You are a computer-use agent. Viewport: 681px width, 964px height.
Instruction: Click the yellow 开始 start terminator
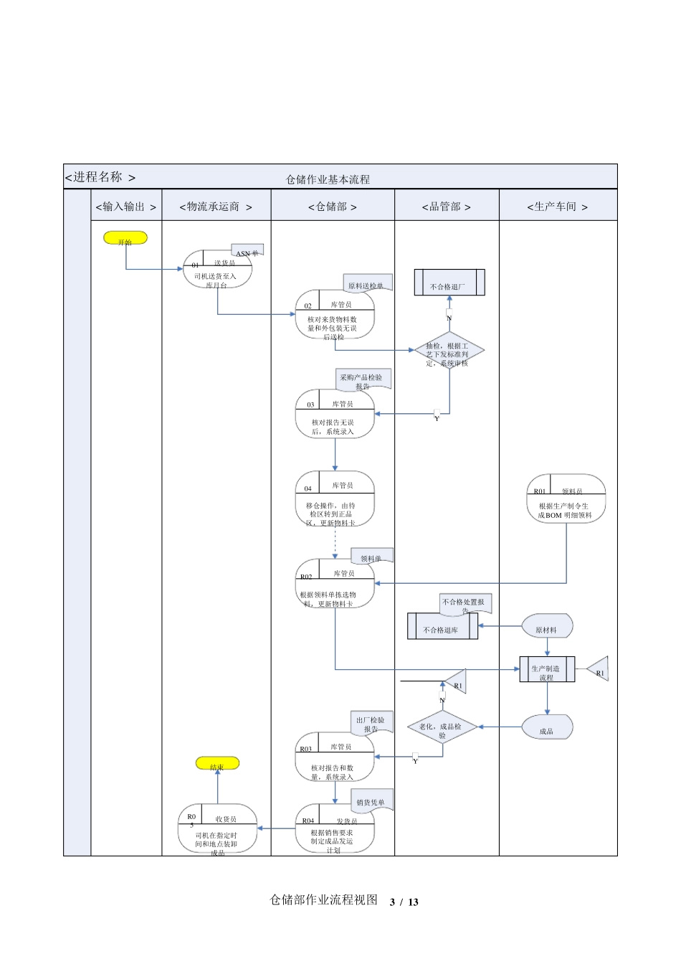click(x=125, y=238)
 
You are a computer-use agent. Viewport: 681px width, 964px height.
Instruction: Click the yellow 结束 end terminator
click(x=217, y=764)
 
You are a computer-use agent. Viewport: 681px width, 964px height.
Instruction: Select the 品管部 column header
click(x=446, y=207)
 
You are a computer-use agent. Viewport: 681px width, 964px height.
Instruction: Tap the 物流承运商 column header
click(x=216, y=207)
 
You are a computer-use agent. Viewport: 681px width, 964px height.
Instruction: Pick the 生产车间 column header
click(x=557, y=207)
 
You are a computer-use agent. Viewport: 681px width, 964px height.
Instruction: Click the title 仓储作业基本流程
click(x=328, y=179)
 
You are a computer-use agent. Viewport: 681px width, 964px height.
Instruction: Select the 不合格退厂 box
click(x=449, y=283)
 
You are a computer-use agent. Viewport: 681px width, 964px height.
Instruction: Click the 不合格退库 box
click(x=442, y=626)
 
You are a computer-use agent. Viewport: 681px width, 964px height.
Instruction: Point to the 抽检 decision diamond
click(x=449, y=351)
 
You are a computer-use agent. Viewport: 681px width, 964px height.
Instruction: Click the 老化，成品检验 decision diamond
click(x=442, y=727)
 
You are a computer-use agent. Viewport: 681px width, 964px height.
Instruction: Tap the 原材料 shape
click(x=547, y=626)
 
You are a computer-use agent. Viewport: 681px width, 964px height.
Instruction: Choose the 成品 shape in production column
click(x=547, y=727)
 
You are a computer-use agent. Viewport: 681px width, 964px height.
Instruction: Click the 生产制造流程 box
click(x=547, y=669)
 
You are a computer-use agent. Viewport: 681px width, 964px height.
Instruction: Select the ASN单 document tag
click(x=247, y=251)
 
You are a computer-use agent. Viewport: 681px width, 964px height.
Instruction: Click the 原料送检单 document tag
click(x=367, y=283)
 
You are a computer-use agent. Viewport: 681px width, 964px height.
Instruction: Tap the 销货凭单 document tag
click(x=372, y=800)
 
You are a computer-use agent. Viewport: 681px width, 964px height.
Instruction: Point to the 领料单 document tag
click(x=372, y=556)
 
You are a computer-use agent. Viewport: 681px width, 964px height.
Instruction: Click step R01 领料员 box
click(x=566, y=499)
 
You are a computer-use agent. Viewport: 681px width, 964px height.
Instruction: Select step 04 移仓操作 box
click(x=335, y=499)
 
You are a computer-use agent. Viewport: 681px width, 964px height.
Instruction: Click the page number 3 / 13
click(x=404, y=902)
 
